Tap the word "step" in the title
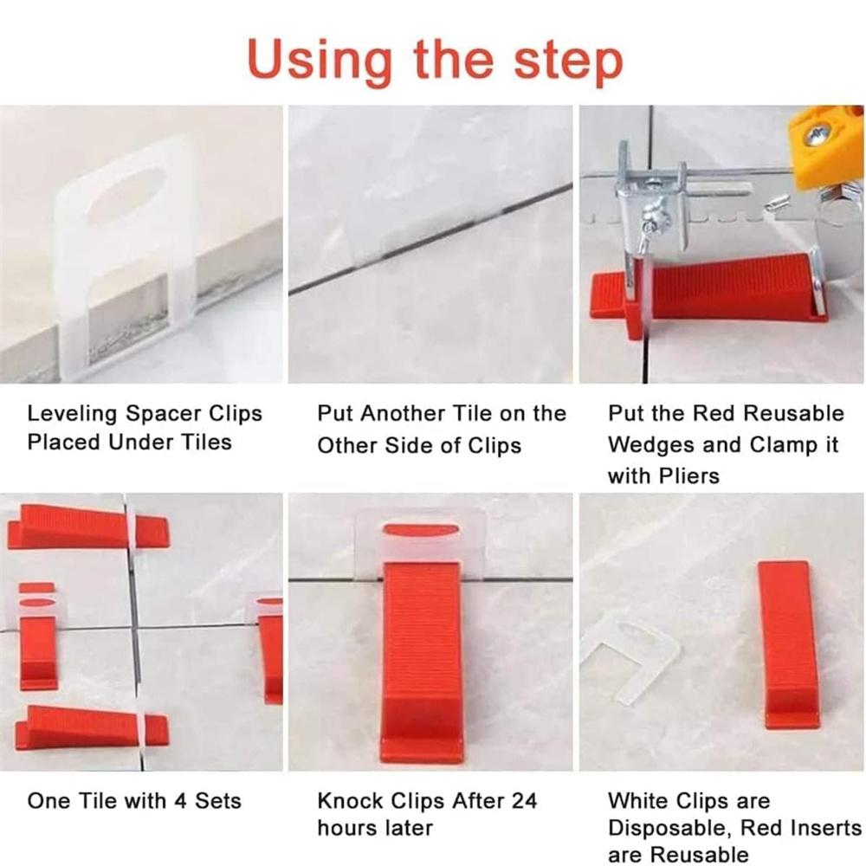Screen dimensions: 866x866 (568, 61)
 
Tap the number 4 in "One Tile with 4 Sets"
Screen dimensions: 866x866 (179, 801)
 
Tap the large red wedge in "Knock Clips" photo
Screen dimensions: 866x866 (421, 660)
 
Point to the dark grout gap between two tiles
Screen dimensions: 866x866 (430, 237)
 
